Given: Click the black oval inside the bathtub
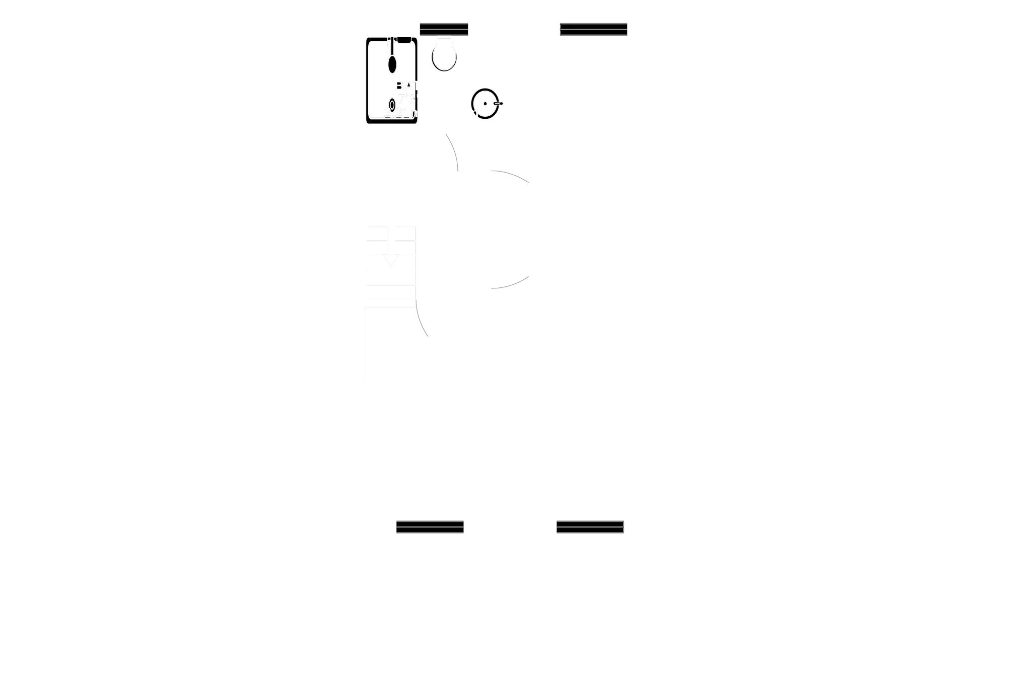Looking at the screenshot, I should pos(391,65).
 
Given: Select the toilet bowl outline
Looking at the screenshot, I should pos(444,55).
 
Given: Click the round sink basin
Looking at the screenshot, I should pos(485,103).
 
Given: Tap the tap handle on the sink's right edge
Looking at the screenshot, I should pos(498,103).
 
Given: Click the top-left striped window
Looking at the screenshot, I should pos(443,28).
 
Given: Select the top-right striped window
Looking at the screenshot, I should pos(594,29).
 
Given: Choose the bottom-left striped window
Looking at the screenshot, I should pos(430,527).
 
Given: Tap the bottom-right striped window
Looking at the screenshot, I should pos(590,527).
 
